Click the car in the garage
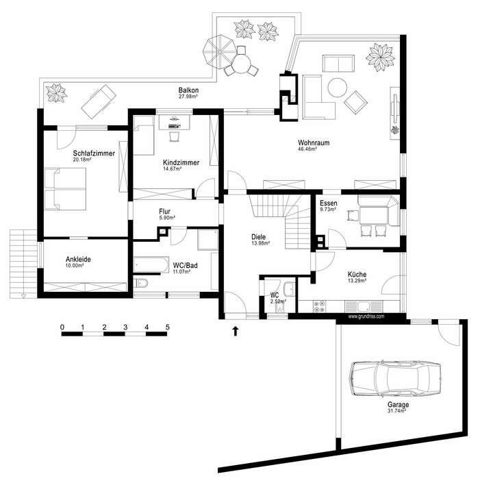coord(394,378)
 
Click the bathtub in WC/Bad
coord(151,263)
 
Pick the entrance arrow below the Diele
coord(236,332)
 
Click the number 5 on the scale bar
coord(167,327)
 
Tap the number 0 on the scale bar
coord(62,327)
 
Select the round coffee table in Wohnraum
coord(337,88)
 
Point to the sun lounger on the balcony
coord(98,100)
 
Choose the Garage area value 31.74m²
coord(399,412)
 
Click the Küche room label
coord(356,274)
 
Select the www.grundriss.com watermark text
coord(366,316)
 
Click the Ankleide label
coord(78,260)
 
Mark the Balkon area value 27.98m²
coord(188,97)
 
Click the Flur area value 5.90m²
coord(166,218)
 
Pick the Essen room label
coord(329,203)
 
